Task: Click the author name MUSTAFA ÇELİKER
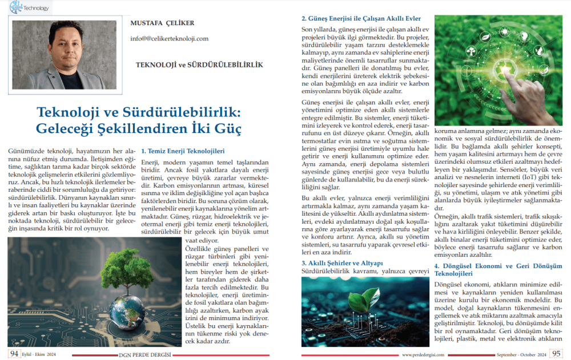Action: tap(162, 23)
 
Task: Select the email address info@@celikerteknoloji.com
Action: tap(169, 39)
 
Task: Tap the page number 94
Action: tap(14, 354)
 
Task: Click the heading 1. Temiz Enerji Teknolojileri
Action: tap(183, 151)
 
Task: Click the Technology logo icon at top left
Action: tap(15, 7)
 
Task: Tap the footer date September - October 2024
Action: tap(520, 355)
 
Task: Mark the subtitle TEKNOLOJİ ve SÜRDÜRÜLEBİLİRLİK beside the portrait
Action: tap(199, 64)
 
